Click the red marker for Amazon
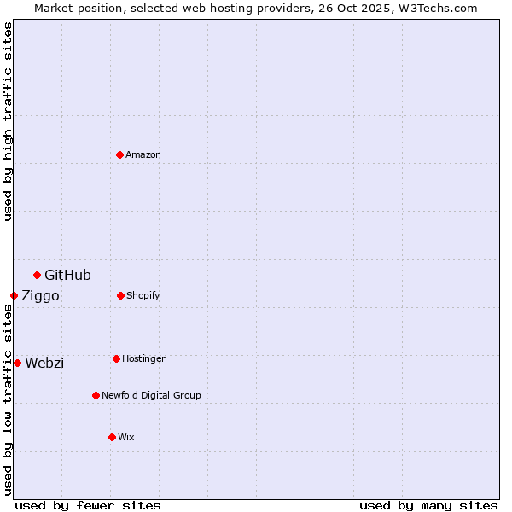[120, 154]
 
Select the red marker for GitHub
[37, 275]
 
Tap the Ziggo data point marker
[14, 295]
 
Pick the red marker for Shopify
[120, 295]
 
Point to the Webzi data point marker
[17, 363]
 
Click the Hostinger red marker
[116, 358]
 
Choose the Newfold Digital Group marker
[96, 395]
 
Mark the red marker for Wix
[112, 437]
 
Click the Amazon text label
[143, 154]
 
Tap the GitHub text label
[67, 275]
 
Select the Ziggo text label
[40, 295]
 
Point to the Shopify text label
[143, 295]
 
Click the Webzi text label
[44, 363]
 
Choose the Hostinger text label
[143, 358]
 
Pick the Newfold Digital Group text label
[151, 395]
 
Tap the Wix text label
[126, 437]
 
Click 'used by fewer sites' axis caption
[88, 505]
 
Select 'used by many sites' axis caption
[428, 505]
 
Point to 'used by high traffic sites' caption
[8, 120]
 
